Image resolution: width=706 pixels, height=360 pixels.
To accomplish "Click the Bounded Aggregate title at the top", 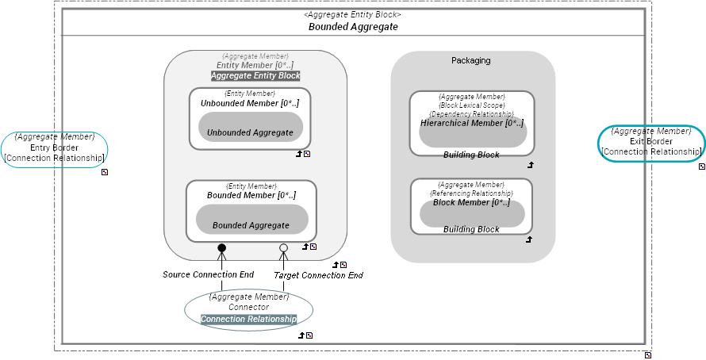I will [x=352, y=26].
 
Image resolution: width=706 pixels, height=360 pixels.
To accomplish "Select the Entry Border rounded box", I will [x=54, y=148].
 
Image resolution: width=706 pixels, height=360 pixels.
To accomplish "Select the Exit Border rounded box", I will [x=650, y=143].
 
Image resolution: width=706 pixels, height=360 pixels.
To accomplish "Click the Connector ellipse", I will [x=248, y=308].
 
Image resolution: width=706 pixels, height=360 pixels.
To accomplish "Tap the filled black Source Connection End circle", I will [x=222, y=248].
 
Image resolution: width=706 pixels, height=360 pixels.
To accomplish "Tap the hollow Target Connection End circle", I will [x=283, y=248].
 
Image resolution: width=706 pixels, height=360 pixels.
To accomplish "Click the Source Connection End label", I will [x=208, y=274].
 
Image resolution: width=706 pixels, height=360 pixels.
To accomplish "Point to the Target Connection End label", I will [x=318, y=275].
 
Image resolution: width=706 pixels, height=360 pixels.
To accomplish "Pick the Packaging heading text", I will [x=470, y=60].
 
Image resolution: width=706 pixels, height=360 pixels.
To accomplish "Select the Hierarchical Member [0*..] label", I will [x=472, y=123].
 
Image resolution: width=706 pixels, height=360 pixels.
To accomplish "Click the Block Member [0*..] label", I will [x=471, y=202].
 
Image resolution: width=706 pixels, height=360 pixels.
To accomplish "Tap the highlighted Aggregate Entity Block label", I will [x=255, y=75].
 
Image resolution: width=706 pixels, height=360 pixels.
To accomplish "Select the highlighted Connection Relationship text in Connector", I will [x=248, y=319].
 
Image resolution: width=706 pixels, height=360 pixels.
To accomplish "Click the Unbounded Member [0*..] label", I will [x=249, y=103].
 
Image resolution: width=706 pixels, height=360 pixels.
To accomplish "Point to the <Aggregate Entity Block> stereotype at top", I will [x=352, y=14].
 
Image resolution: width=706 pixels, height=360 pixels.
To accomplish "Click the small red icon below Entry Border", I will [x=104, y=170].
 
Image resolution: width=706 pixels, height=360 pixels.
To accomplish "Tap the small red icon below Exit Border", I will [x=701, y=167].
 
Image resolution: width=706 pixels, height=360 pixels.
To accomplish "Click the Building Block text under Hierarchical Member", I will [x=471, y=155].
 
